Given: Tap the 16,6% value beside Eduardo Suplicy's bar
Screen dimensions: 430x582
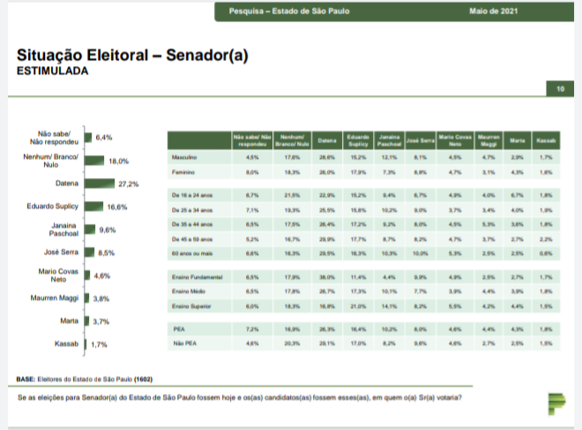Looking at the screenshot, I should click(117, 206).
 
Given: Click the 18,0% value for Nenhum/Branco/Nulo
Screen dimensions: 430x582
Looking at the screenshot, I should click(118, 161).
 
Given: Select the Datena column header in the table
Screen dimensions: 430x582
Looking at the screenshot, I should click(325, 141).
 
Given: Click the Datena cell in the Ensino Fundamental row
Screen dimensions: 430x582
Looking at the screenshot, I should click(325, 277).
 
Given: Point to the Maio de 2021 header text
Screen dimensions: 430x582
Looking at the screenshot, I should click(494, 11).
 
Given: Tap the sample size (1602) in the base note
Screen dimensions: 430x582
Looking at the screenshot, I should click(142, 380).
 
